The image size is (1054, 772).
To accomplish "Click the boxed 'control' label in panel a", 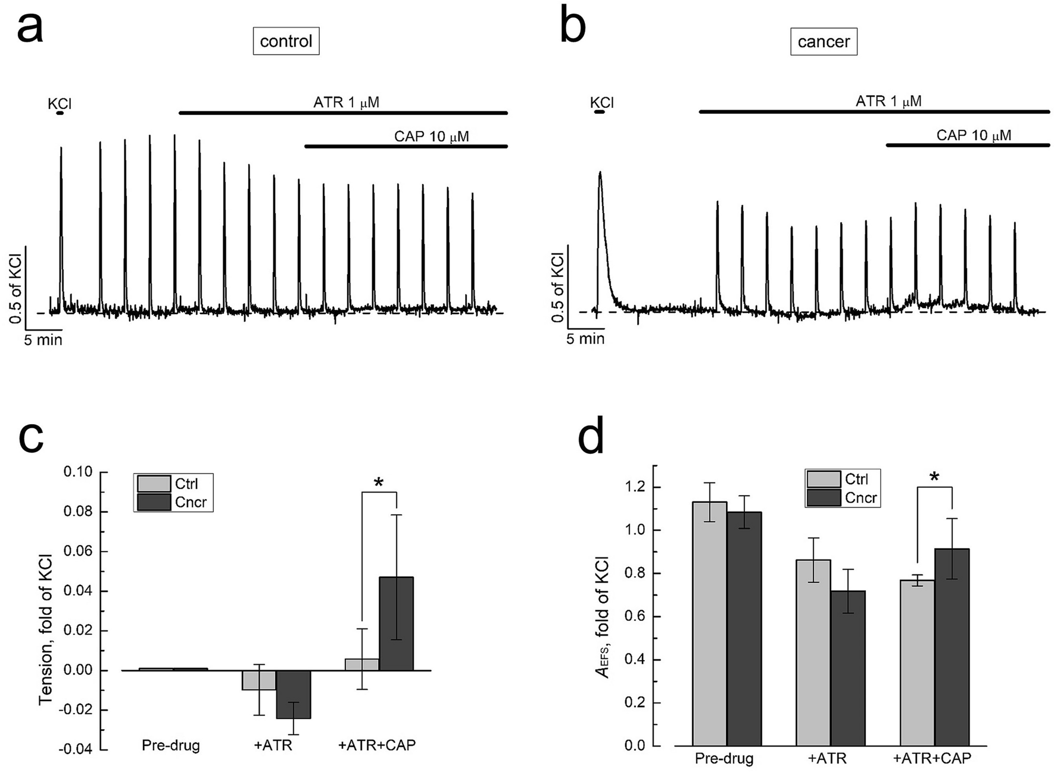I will coord(286,41).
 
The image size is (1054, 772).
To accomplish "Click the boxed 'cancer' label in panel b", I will coord(824,42).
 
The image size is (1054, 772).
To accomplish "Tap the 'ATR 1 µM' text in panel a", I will coord(346,102).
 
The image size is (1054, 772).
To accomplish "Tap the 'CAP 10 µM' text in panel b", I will coord(974,135).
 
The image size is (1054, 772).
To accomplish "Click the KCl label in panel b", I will coord(601,102).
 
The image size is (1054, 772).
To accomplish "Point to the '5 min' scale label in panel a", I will coord(43,340).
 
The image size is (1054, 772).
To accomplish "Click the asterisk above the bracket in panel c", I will coord(378,482).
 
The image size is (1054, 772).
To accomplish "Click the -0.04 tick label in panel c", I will coord(76,749).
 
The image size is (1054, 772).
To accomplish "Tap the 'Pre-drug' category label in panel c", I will coord(170,745).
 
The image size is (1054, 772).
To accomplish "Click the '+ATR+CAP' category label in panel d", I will coord(932,759).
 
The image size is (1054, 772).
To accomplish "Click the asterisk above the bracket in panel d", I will coord(934,477).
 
